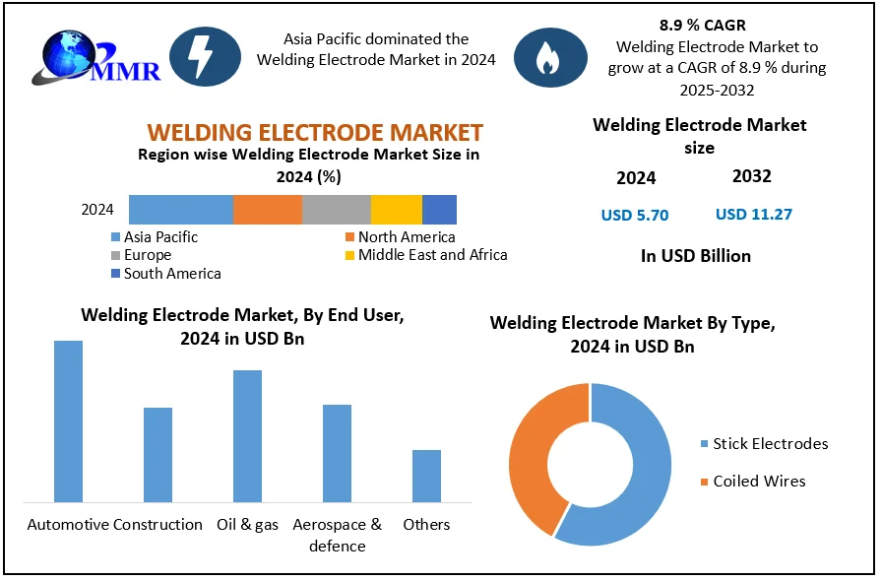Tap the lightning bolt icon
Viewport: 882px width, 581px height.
[x=205, y=57]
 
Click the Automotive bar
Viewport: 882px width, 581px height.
[x=68, y=421]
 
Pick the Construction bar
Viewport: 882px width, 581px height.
[x=157, y=455]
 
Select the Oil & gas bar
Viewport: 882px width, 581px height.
[x=247, y=436]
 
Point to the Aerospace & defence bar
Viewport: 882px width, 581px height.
[x=337, y=453]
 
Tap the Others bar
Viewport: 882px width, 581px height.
[x=426, y=476]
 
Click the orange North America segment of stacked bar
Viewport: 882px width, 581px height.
[x=268, y=210]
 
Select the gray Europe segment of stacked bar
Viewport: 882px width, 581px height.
[x=337, y=210]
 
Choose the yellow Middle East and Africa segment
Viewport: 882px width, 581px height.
[x=397, y=210]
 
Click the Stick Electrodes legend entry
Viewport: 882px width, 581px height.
[x=770, y=444]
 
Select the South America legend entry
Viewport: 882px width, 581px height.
[x=171, y=274]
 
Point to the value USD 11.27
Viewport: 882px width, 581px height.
[x=753, y=214]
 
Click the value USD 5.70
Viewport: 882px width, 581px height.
[x=635, y=215]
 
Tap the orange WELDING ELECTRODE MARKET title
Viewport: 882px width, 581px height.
[x=315, y=132]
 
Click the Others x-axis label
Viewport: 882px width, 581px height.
[x=426, y=525]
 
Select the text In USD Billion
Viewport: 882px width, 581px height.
[x=695, y=256]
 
